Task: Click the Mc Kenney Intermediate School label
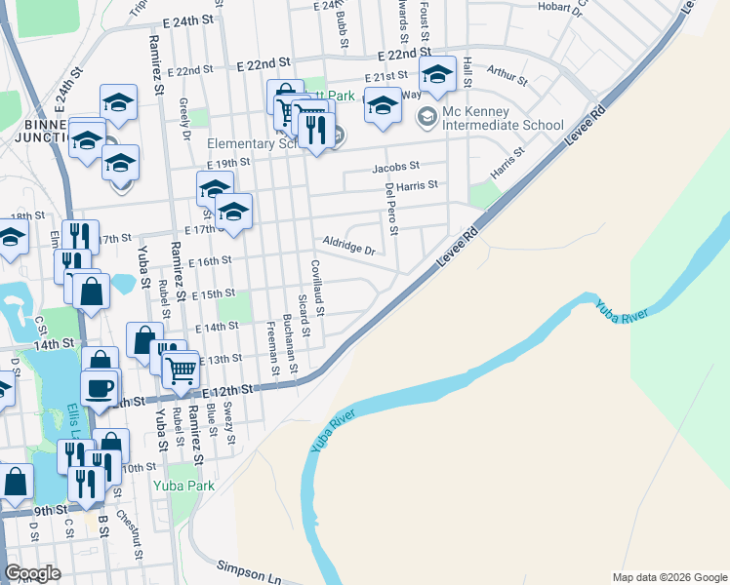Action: (503, 125)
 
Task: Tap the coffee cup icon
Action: (98, 388)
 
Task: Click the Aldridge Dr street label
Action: (349, 245)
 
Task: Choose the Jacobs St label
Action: (395, 167)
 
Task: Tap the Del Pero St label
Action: (392, 209)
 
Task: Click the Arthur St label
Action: (507, 74)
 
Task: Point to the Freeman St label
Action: (272, 350)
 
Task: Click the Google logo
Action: (32, 573)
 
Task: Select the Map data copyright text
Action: (669, 577)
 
